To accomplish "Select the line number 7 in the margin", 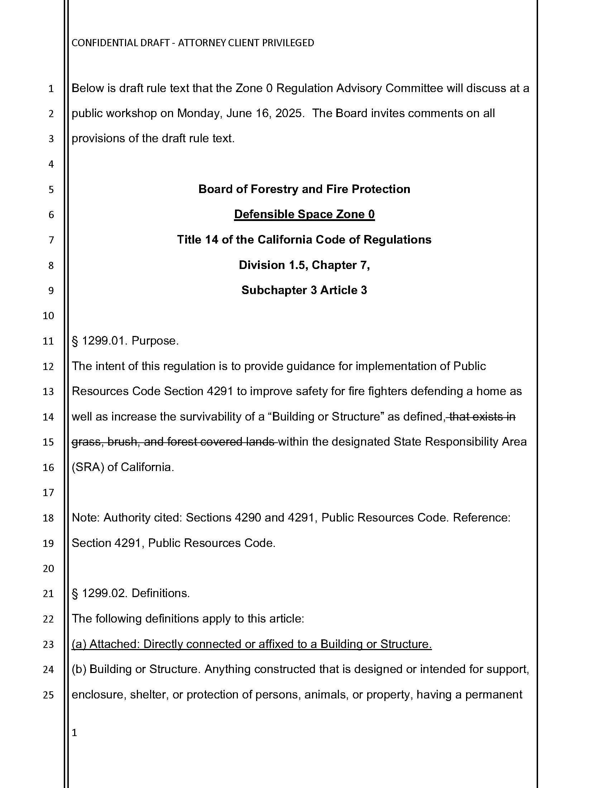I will [x=51, y=240].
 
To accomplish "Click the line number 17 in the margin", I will [x=48, y=492].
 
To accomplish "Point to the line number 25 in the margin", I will [x=48, y=695].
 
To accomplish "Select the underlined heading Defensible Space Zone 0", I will [x=304, y=214].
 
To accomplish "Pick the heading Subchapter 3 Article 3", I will [x=304, y=290].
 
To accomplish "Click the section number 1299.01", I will [x=103, y=341].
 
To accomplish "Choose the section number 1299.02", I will [x=103, y=593].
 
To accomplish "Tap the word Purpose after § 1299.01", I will [x=155, y=341].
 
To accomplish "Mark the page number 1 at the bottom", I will [x=74, y=732].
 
